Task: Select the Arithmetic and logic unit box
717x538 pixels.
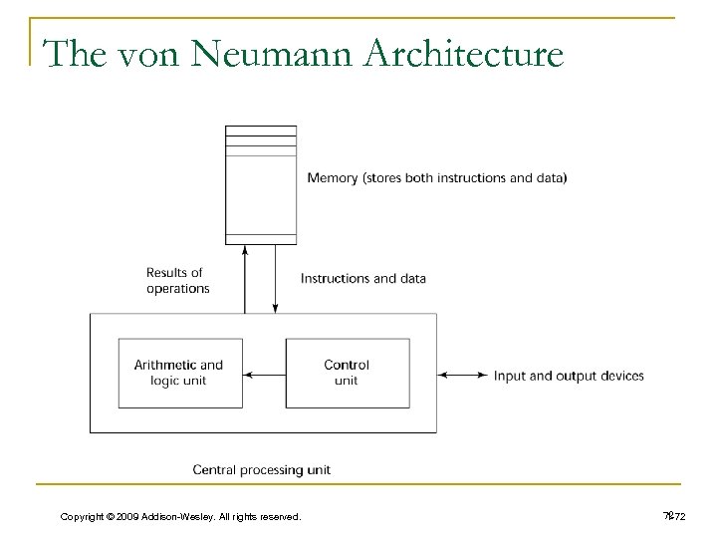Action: [x=178, y=374]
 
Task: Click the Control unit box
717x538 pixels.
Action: [x=347, y=374]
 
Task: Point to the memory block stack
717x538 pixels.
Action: [x=261, y=184]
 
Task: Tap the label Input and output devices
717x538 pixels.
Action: [x=569, y=376]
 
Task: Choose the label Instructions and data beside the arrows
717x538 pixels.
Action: [x=362, y=278]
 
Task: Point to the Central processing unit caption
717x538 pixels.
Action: [x=261, y=468]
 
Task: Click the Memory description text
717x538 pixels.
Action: [x=437, y=178]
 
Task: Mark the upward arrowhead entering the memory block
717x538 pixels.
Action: [x=244, y=249]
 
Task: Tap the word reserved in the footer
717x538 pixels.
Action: [x=280, y=515]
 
